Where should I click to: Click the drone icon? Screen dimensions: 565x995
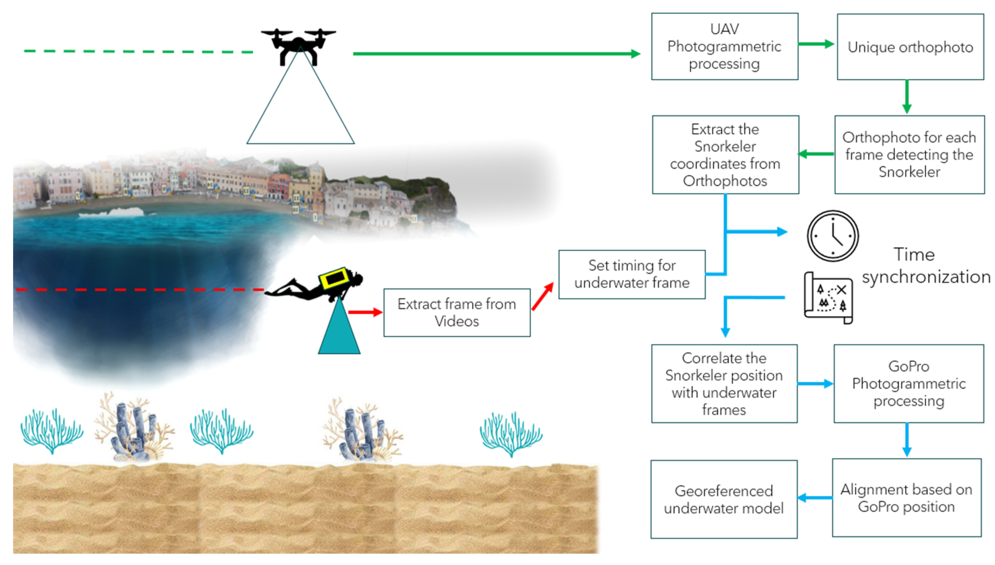pos(298,44)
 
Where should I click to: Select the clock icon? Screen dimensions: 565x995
pos(832,236)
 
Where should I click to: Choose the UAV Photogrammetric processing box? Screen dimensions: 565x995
pos(724,47)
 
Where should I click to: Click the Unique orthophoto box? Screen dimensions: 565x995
pos(910,47)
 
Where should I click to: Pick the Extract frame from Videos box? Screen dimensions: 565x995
pos(456,312)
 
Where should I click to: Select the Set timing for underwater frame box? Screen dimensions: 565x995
pos(632,274)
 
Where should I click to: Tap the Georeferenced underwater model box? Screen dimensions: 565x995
pos(724,499)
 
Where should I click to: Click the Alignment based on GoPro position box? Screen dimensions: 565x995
pos(906,498)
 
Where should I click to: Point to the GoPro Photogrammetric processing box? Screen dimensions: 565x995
pos(908,383)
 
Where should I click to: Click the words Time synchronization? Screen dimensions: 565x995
pos(925,266)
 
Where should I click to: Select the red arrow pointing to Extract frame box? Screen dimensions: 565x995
pos(364,312)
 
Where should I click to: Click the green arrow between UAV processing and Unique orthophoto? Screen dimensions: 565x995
pos(816,44)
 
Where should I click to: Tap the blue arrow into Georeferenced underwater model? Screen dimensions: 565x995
pos(814,498)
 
